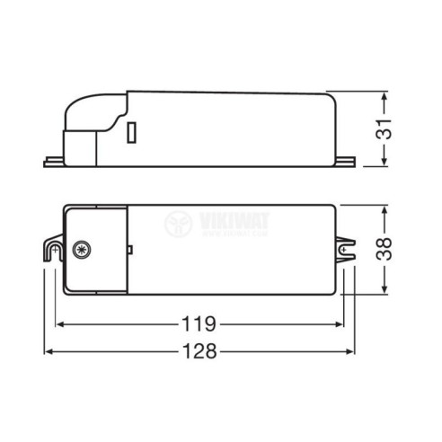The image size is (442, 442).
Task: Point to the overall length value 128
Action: pos(198,352)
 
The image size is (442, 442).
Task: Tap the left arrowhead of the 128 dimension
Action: pos(49,352)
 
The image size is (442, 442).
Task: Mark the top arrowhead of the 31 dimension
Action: pos(384,95)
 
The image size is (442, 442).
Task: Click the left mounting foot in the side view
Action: pos(54,163)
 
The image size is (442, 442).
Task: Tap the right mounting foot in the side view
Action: pos(344,163)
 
